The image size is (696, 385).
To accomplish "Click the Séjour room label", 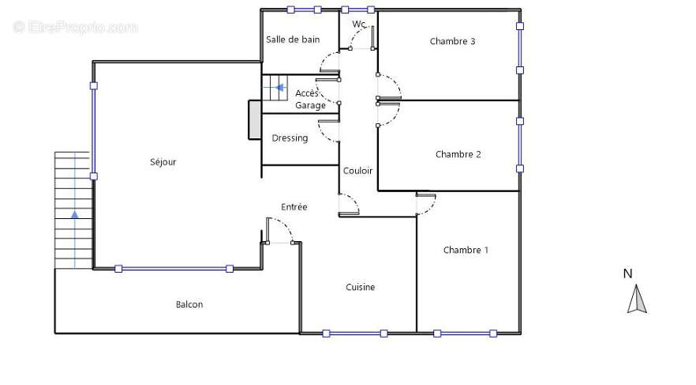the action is pos(163,162).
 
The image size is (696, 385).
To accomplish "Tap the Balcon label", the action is pos(189,304).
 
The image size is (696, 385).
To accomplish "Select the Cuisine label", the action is pos(360,287).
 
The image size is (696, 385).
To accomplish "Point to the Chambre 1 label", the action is pos(466,250).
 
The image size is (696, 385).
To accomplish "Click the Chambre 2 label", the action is pos(458,154).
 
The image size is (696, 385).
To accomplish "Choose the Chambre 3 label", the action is pos(452,41).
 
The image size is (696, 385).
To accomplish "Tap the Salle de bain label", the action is pos(293,40).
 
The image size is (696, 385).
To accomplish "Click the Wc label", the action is pos(359,24).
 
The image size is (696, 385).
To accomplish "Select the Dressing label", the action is pos(290,138).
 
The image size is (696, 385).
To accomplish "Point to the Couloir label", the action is pos(357,171).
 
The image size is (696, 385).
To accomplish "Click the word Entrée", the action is pos(294,206).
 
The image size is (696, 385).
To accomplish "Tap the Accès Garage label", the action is pos(310,99).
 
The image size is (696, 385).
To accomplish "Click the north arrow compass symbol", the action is pos(637,299).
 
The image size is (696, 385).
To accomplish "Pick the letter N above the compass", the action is pos(627,274).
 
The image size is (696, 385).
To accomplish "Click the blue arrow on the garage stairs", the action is pos(279,88).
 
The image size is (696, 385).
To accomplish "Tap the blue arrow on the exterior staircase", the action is pos(74,215).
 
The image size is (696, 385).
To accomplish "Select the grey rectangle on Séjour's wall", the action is pos(255,120).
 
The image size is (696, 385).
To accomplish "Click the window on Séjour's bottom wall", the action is pos(174,269).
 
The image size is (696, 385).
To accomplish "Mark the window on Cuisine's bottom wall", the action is pos(355,334).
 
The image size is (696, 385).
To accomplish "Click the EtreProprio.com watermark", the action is pos(76,28).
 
